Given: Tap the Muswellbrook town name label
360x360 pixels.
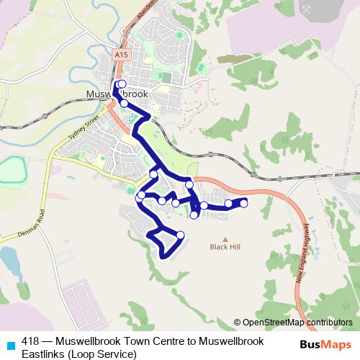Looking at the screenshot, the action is click(117, 94).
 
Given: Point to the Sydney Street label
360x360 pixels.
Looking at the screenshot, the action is click(81, 128).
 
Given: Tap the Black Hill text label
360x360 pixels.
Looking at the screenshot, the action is click(224, 247).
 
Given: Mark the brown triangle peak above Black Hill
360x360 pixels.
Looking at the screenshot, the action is click(224, 239).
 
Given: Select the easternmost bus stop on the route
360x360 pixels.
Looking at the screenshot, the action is click(243, 203).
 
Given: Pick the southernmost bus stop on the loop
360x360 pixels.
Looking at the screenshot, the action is click(180, 235).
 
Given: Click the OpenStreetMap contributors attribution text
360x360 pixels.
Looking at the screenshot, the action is click(293, 323).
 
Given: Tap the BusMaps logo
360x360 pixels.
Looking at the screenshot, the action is click(326, 343).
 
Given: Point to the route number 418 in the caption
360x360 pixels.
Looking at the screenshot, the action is click(30, 341).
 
